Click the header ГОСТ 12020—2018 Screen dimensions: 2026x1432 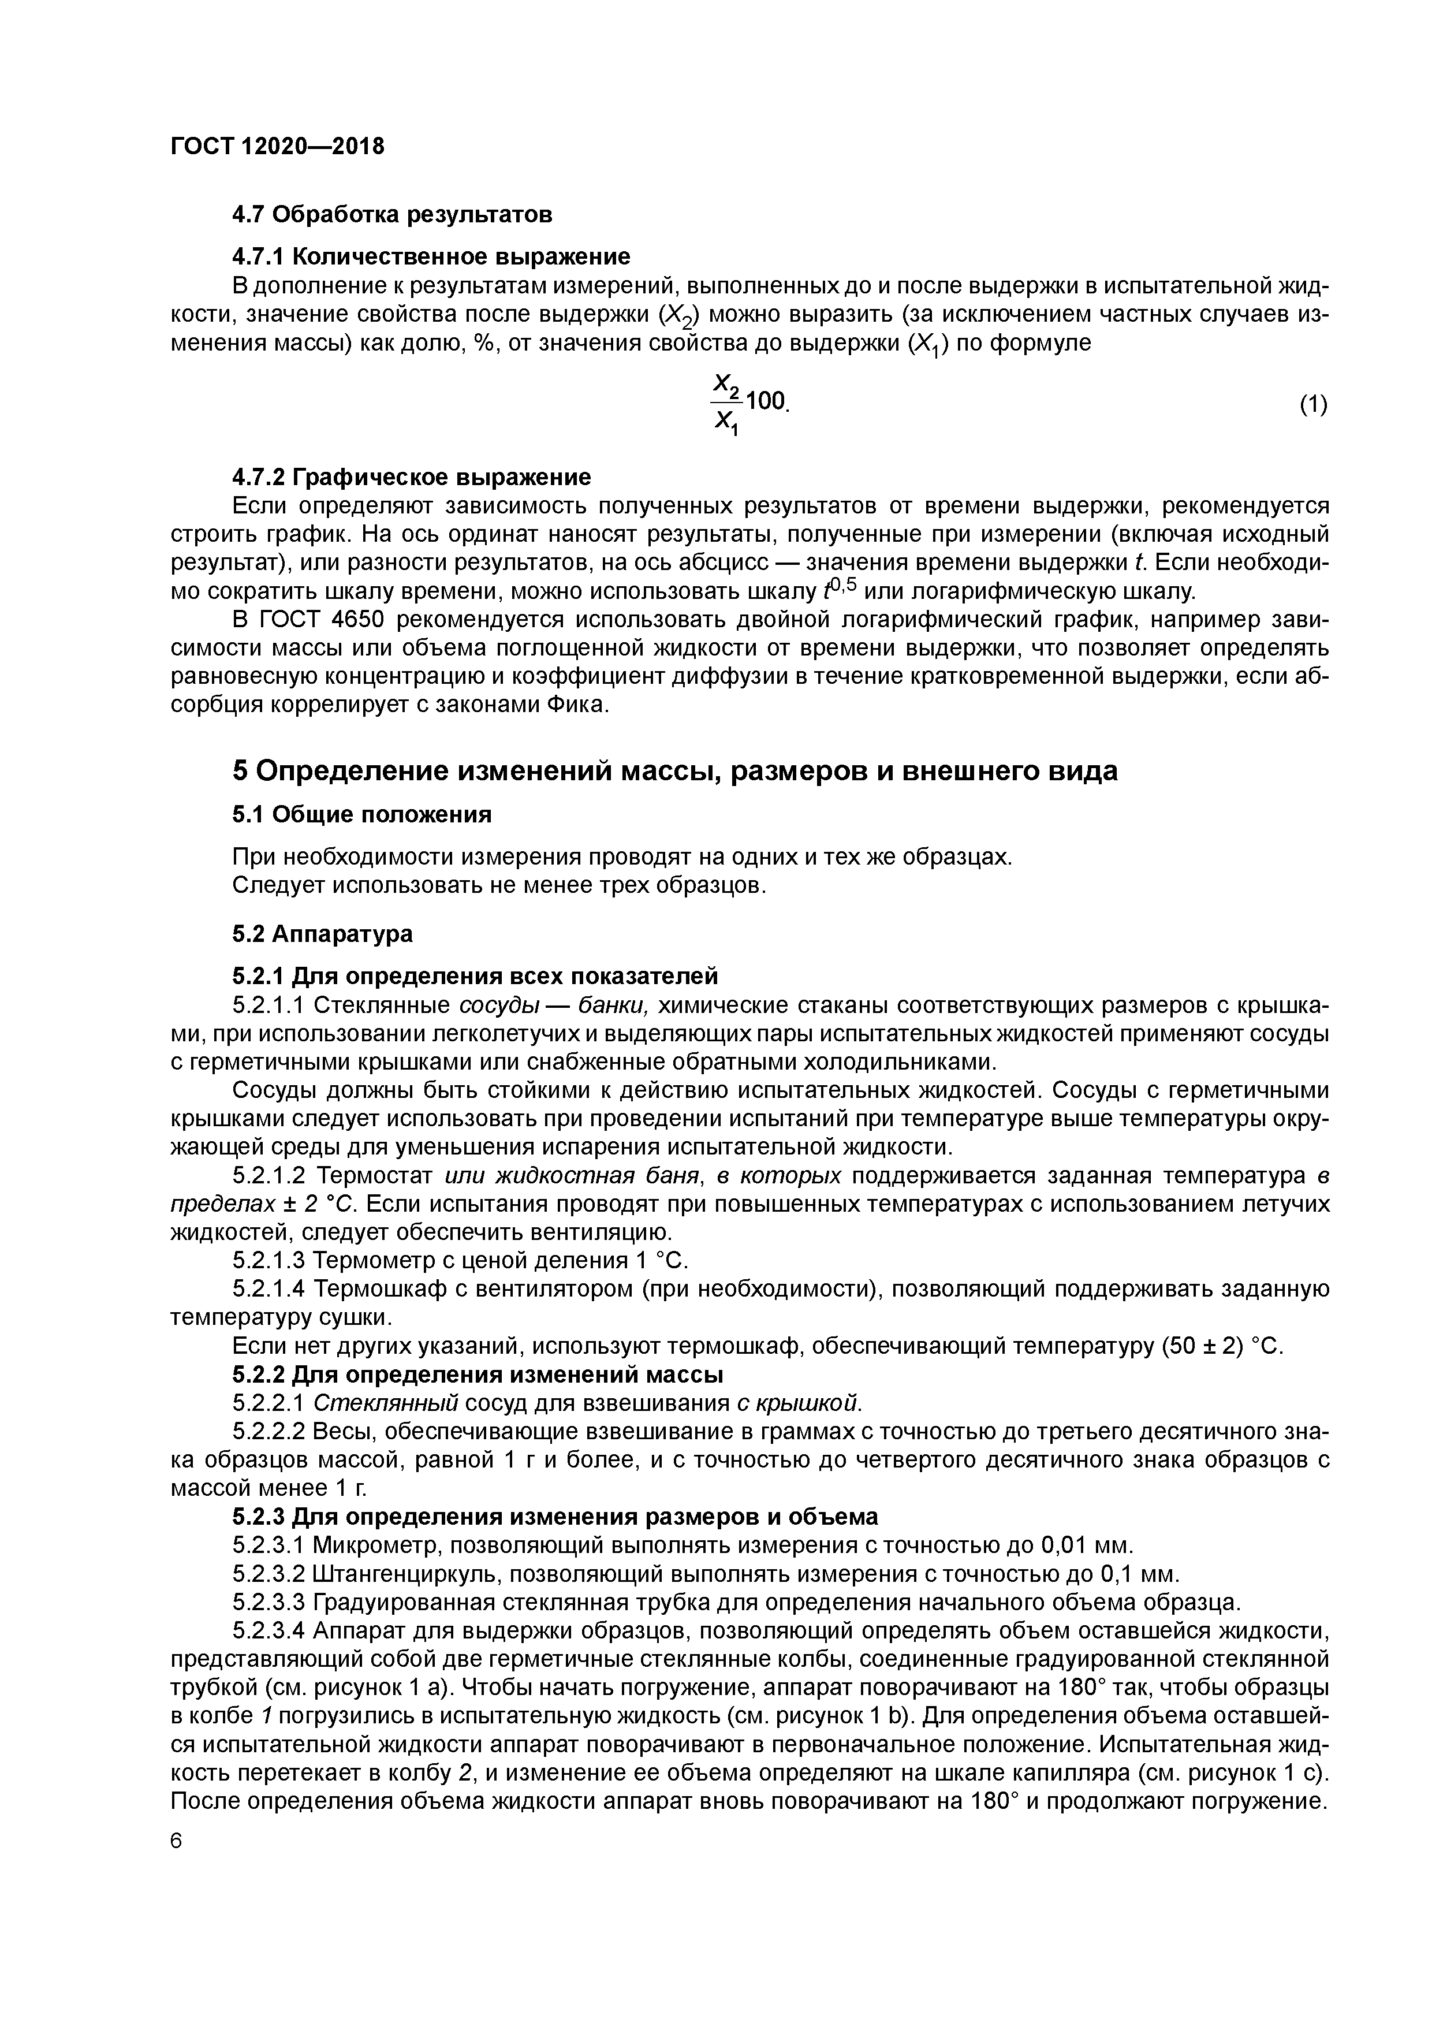point(277,147)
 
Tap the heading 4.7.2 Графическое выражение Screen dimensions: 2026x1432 point(411,478)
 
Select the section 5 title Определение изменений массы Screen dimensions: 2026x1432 point(675,770)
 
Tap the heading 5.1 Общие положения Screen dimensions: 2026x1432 point(361,814)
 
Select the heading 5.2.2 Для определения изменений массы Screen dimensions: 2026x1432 point(478,1374)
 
